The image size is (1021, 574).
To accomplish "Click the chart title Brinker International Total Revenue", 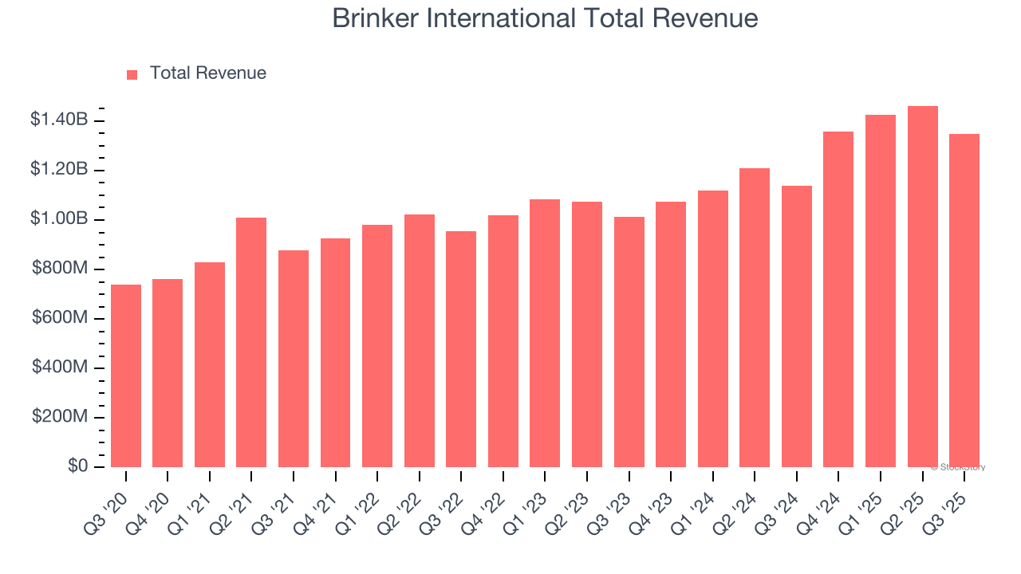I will pyautogui.click(x=545, y=18).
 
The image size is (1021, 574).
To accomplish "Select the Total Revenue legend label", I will pyautogui.click(x=207, y=73).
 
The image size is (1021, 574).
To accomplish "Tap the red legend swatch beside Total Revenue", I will pyautogui.click(x=132, y=74).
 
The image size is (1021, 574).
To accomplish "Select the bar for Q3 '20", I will pyautogui.click(x=126, y=375).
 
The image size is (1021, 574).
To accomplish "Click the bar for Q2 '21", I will pyautogui.click(x=251, y=342).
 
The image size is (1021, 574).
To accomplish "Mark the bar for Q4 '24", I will pyautogui.click(x=838, y=299).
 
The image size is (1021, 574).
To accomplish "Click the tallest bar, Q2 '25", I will pyautogui.click(x=922, y=286).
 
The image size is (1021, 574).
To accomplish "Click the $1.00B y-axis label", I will pyautogui.click(x=59, y=219).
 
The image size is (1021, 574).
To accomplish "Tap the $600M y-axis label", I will pyautogui.click(x=60, y=318).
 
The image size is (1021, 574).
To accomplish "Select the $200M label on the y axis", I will pyautogui.click(x=60, y=417).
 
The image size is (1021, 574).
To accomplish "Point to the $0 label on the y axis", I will pyautogui.click(x=77, y=466).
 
